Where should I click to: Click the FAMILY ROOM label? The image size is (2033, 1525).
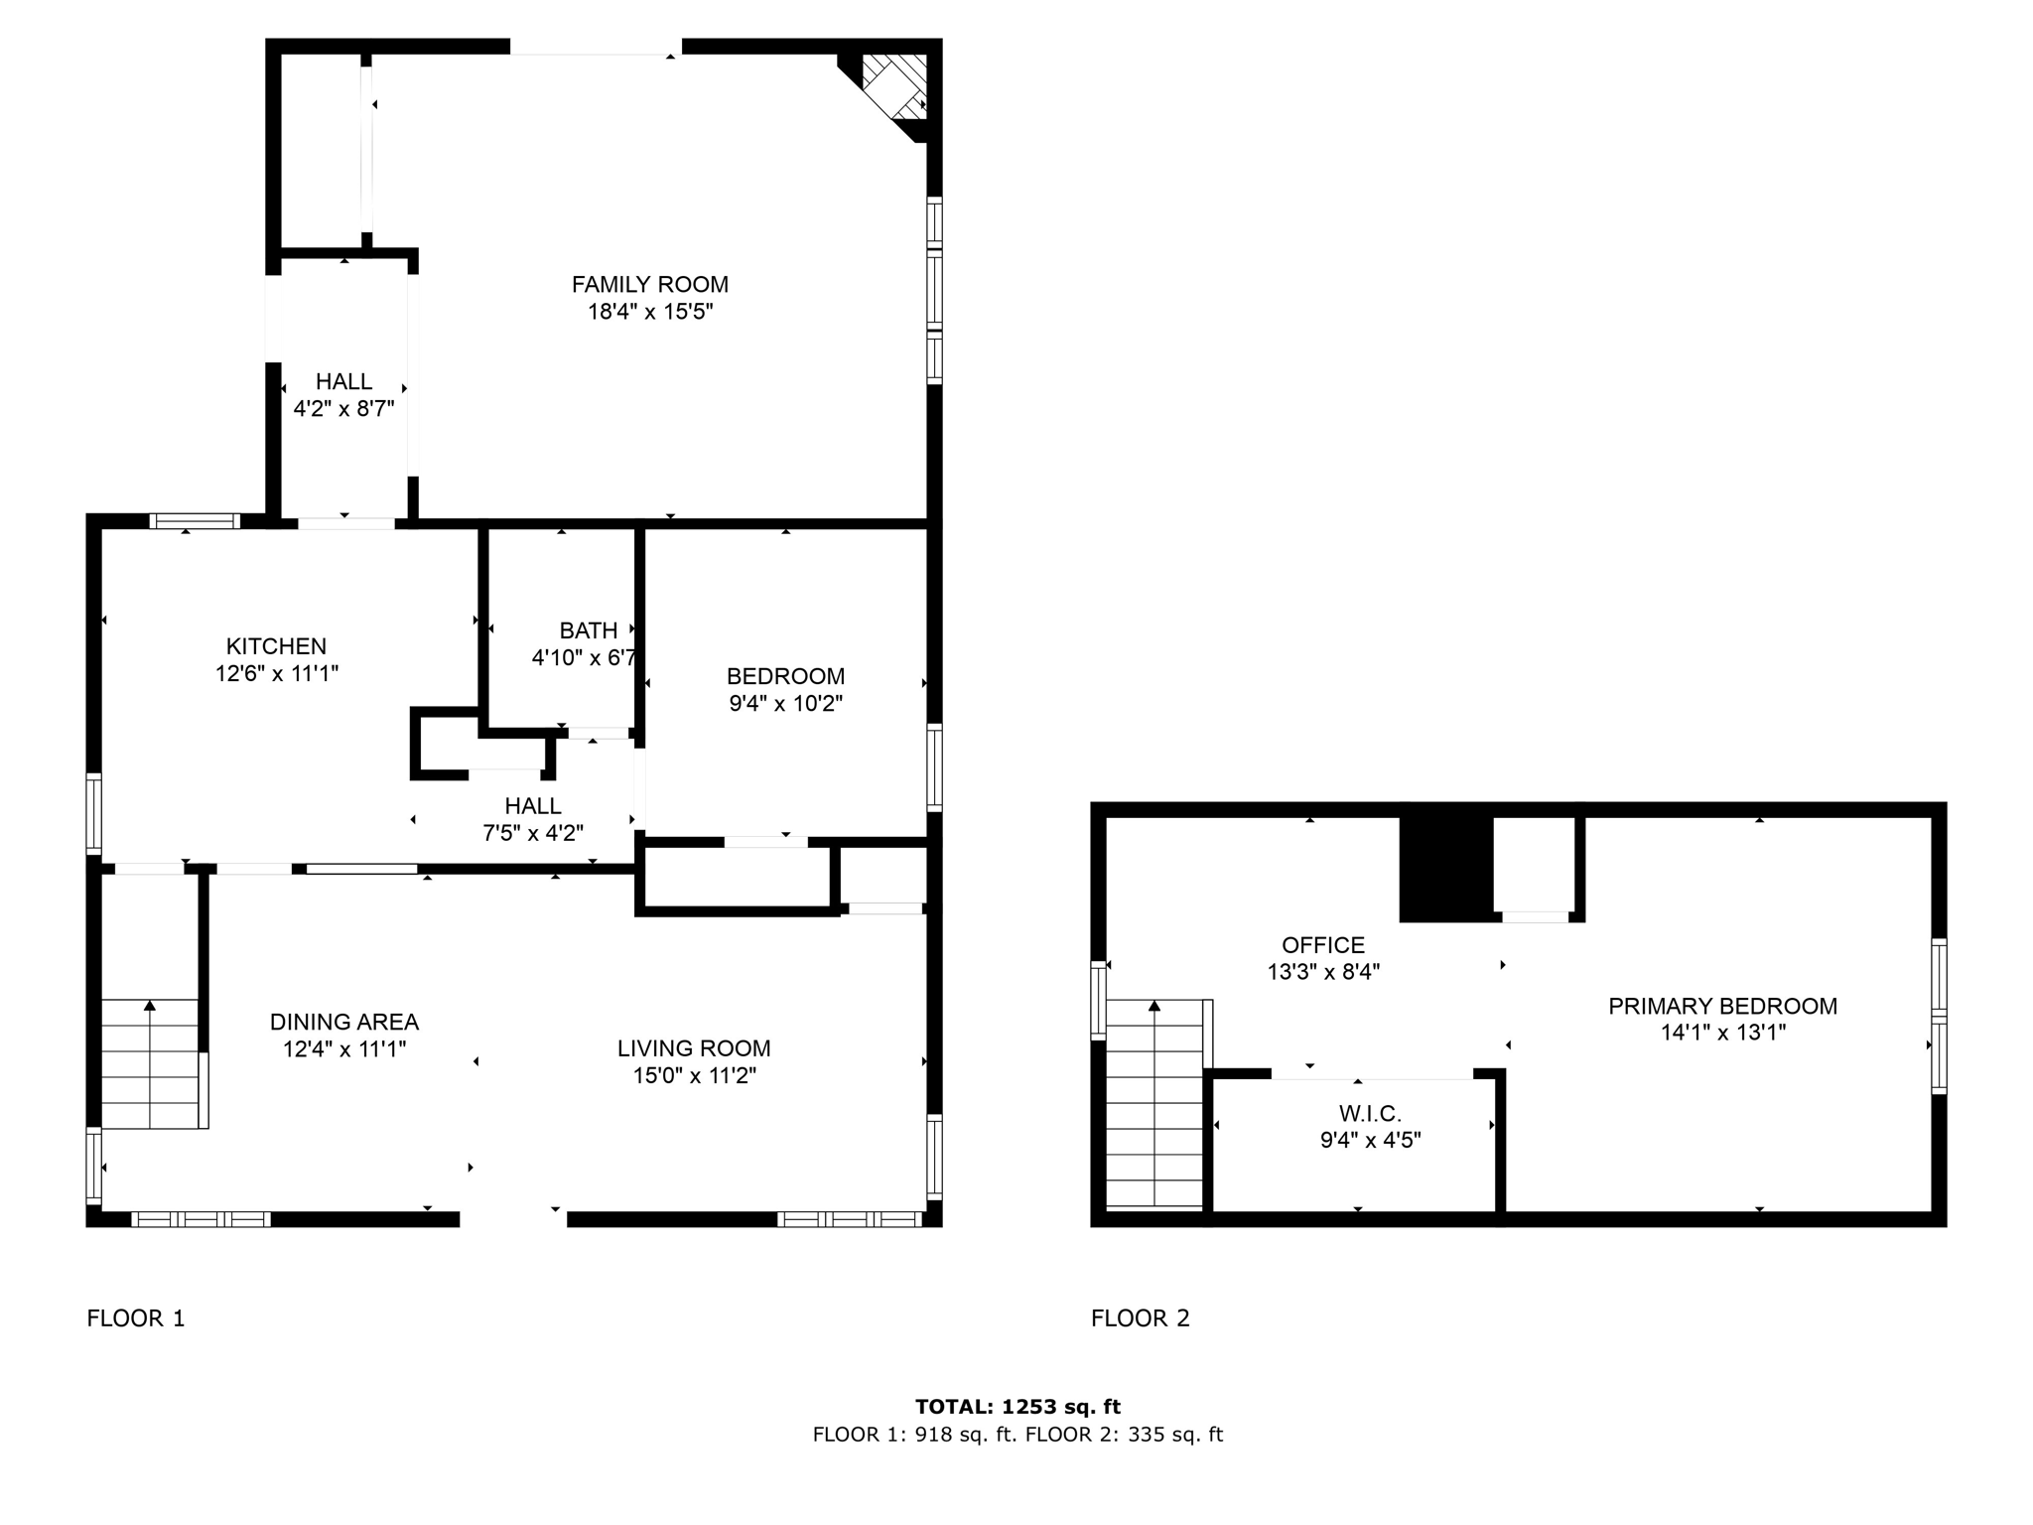(649, 285)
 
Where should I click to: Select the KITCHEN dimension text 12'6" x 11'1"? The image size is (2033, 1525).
(277, 673)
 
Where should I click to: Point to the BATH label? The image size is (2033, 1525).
(588, 630)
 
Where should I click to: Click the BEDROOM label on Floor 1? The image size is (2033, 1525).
(785, 676)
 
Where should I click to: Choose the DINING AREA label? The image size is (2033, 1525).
(344, 1022)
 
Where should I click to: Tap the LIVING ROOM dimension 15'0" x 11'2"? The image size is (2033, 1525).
(694, 1075)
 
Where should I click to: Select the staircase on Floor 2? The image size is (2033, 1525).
(1154, 1102)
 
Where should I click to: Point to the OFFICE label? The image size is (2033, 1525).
(1322, 945)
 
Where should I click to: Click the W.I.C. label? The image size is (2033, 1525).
(1370, 1114)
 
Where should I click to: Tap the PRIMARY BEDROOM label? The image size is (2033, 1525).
(1722, 1006)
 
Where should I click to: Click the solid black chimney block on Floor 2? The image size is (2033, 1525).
(1445, 869)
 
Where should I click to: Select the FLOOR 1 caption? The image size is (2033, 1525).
(136, 1318)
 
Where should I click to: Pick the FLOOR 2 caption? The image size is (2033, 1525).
(1140, 1318)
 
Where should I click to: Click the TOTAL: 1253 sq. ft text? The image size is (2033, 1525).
(1017, 1406)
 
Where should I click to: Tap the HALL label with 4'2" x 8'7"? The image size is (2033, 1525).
(343, 381)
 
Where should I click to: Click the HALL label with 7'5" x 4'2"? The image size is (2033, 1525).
(532, 806)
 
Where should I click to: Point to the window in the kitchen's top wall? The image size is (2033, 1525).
(195, 521)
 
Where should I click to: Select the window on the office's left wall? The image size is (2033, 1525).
(1098, 1000)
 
